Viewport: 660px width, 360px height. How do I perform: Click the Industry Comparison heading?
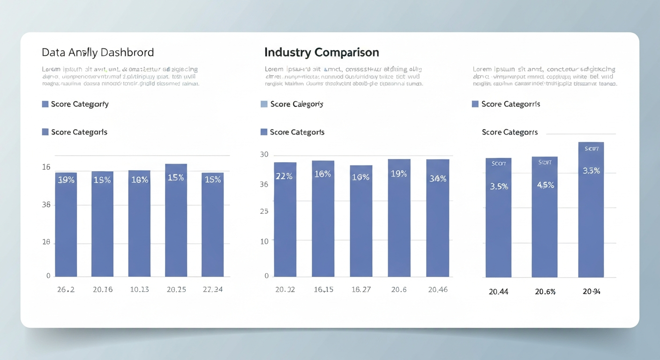(x=322, y=52)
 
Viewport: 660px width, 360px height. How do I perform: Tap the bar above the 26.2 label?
(x=66, y=225)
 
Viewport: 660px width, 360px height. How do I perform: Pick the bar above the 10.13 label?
(x=139, y=225)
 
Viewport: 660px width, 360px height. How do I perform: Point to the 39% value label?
(x=66, y=180)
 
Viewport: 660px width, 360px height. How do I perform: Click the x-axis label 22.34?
(x=212, y=289)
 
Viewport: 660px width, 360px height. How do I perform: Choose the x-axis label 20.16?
(x=103, y=289)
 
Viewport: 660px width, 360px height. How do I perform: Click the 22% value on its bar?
(x=285, y=176)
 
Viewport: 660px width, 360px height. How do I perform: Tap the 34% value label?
(x=438, y=178)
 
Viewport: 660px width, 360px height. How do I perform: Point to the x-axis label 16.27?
(x=361, y=289)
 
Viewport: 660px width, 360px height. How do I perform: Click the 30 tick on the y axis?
(x=264, y=155)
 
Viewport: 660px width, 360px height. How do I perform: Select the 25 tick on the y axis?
(x=264, y=211)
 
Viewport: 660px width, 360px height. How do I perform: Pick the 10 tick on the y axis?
(x=264, y=241)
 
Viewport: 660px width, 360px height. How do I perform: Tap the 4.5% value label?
(x=545, y=185)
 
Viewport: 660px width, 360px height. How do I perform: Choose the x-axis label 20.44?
(x=498, y=292)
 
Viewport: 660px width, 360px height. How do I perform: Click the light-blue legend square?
(x=264, y=104)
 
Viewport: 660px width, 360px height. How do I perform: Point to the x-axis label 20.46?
(x=438, y=289)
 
